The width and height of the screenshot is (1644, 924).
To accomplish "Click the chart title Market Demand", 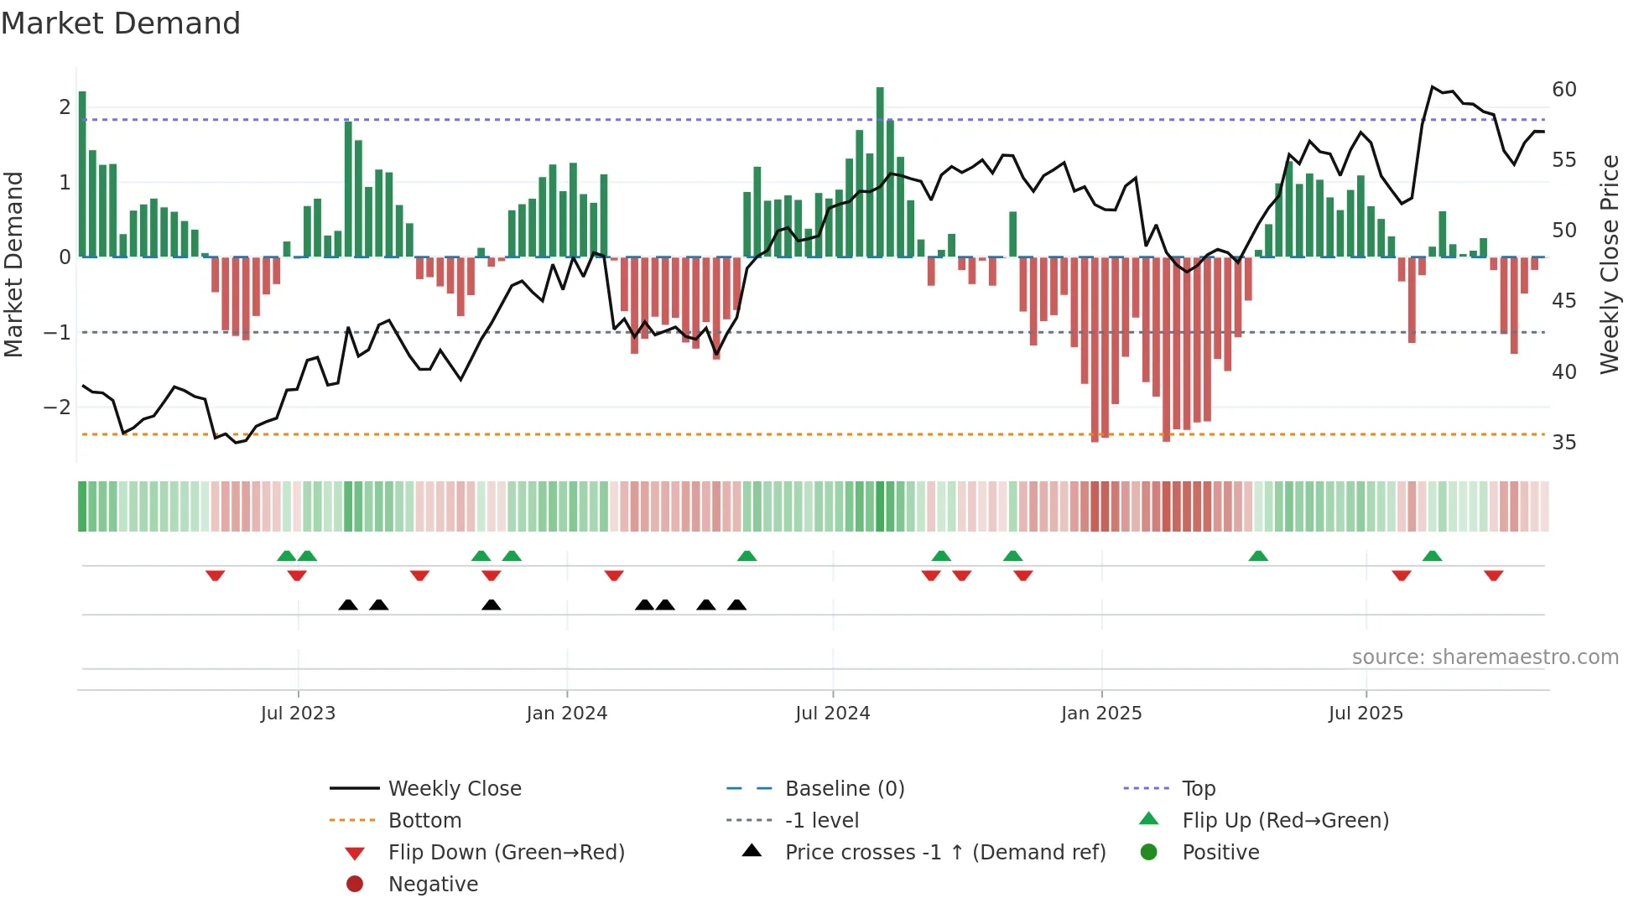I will tap(121, 23).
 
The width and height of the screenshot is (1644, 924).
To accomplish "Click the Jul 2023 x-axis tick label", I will tap(298, 714).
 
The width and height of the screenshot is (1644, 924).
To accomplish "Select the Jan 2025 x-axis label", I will tap(1100, 714).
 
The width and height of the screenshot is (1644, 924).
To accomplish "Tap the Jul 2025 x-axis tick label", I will tap(1366, 714).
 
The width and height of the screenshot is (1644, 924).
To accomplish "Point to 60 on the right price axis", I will tap(1563, 90).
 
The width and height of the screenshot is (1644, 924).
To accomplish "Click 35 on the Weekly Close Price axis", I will tap(1563, 443).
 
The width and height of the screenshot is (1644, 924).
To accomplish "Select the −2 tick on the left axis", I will tap(57, 407).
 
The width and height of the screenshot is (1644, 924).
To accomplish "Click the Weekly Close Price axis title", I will tap(1609, 264).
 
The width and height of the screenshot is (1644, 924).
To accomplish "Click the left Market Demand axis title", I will tap(13, 264).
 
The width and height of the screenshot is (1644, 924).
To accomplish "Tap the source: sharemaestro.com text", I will tap(1485, 657).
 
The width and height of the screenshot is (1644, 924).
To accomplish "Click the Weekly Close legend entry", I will tap(454, 789).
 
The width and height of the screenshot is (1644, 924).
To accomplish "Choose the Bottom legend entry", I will tap(424, 821).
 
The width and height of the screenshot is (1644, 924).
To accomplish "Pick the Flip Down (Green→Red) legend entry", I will tap(506, 853).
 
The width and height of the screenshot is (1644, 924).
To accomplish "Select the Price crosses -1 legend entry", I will tap(944, 853).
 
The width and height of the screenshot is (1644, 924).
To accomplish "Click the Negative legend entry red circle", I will tap(355, 885).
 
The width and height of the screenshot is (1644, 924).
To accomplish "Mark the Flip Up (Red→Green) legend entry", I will tap(1285, 821).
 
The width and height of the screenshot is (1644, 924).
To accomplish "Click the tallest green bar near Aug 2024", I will tap(880, 172).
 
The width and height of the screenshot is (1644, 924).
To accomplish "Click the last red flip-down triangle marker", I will tap(1493, 575).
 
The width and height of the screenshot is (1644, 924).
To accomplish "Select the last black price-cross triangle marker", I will tap(736, 605).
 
